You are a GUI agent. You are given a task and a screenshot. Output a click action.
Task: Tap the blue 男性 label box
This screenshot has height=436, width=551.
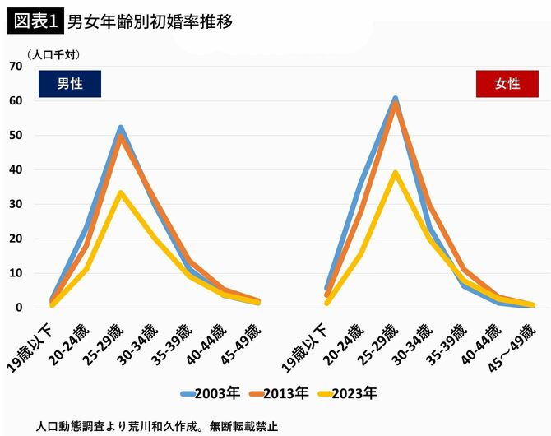point(70,84)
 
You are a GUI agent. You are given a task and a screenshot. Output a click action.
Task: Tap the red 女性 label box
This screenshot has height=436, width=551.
point(507,84)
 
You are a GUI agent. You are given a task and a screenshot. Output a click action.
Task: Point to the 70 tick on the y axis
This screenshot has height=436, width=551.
point(16,67)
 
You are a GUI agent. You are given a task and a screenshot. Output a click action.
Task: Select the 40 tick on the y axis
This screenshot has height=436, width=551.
point(16,170)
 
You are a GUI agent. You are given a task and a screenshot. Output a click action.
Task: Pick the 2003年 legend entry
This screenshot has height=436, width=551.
point(209,392)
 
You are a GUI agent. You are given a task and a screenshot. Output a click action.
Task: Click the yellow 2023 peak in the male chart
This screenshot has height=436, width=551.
point(121,193)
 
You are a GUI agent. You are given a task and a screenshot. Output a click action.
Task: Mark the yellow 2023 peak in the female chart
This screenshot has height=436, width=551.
point(396,173)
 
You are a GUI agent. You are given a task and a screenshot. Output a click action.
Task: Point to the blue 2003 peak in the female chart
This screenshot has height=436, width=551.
point(396,99)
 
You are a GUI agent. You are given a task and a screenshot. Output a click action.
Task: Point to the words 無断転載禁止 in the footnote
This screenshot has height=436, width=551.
point(243,427)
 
